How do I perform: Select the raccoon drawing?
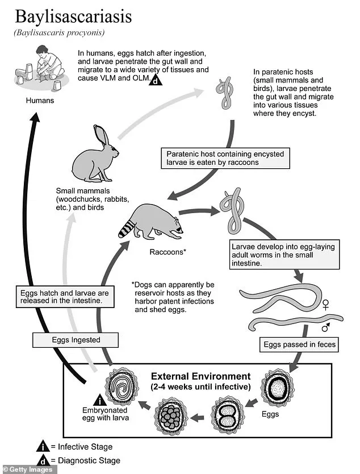[x=153, y=222]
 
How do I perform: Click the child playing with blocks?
[x=43, y=63]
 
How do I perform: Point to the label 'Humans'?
[x=40, y=101]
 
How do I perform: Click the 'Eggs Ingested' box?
[x=76, y=340]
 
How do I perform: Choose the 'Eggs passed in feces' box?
[x=299, y=344]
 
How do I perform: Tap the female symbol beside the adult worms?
[x=326, y=305]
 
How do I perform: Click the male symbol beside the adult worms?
[x=326, y=327]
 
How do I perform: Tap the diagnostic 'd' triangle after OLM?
[x=155, y=81]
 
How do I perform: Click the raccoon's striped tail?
[x=127, y=227]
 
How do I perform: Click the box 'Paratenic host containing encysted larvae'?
[x=225, y=157]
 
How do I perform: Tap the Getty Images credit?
[x=28, y=469]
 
